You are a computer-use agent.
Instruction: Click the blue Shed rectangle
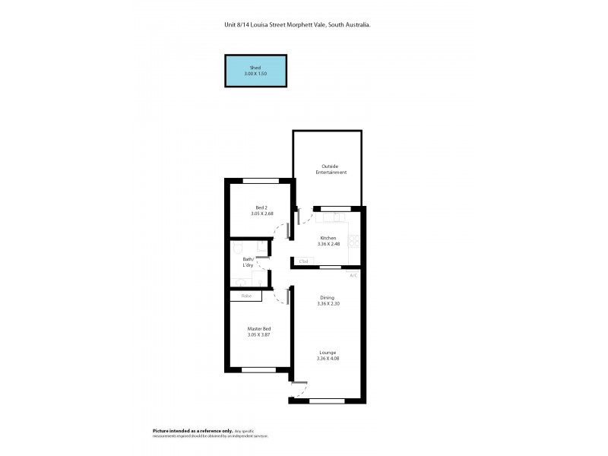(x=255, y=70)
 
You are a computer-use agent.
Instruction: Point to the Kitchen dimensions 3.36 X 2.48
(x=328, y=244)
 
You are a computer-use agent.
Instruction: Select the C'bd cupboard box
(x=304, y=261)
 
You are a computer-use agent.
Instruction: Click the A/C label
(x=353, y=275)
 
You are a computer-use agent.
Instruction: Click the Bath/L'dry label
(x=248, y=262)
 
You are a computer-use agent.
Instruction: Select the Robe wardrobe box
(x=246, y=296)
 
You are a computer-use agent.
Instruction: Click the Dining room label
(x=328, y=297)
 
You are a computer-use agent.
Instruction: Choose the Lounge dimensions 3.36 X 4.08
(x=328, y=358)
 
